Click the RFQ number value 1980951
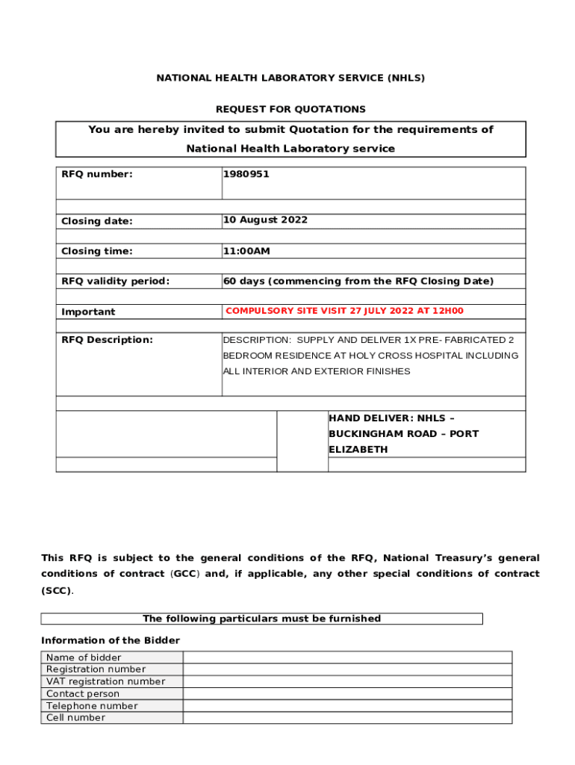246,174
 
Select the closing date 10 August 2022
265,220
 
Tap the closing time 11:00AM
246,251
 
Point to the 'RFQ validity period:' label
115,281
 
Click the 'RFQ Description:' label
107,340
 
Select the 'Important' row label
88,312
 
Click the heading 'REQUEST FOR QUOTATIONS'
290,109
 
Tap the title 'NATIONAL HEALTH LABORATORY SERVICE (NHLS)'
290,78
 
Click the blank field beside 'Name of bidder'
347,657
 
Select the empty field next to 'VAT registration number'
347,681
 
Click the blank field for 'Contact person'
347,693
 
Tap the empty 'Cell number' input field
347,718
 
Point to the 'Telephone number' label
92,706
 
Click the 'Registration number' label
96,669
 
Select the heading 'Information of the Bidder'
111,640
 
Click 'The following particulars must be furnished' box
261,619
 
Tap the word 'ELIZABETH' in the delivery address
358,450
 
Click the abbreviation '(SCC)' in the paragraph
57,590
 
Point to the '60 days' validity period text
243,281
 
